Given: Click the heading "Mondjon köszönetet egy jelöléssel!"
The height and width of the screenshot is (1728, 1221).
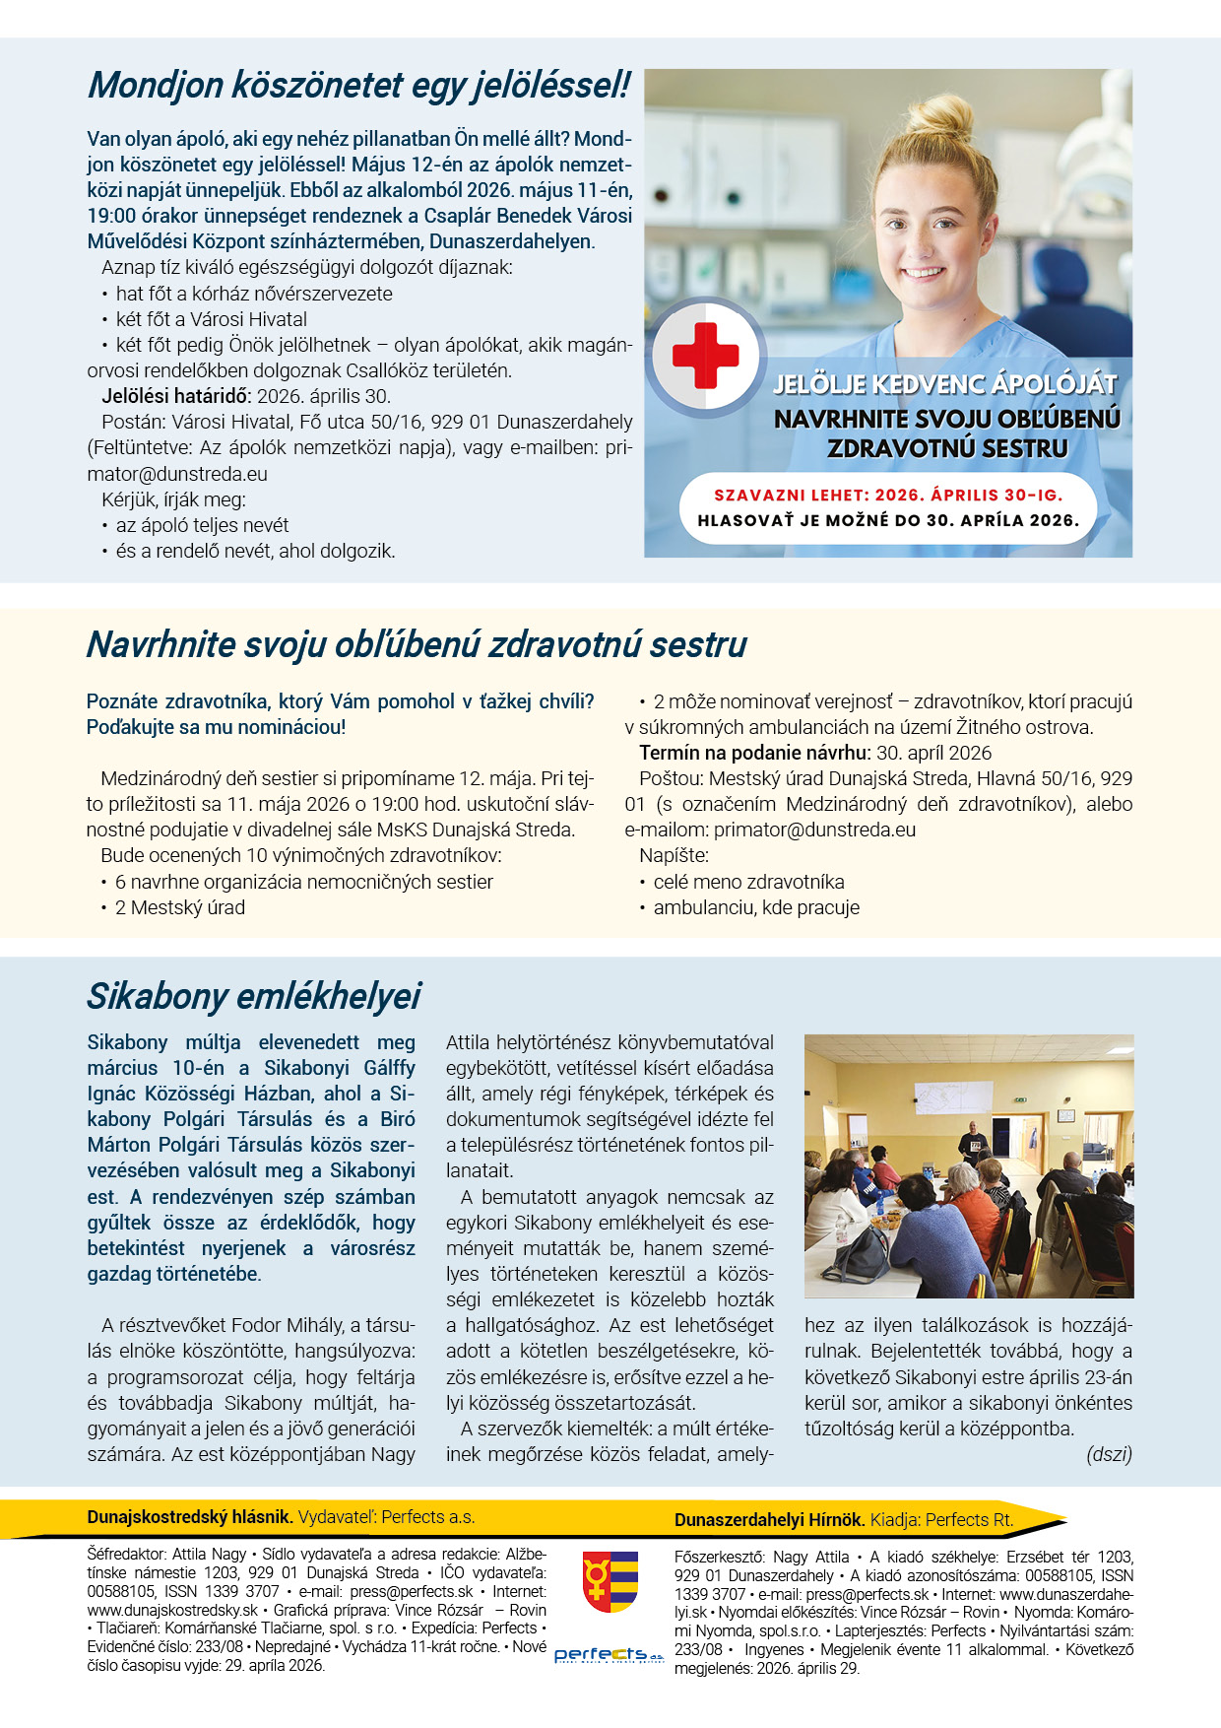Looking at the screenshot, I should click(358, 86).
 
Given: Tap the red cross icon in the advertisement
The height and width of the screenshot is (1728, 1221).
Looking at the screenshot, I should click(705, 355).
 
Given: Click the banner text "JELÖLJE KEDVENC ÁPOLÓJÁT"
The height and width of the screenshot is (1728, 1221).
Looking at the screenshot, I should click(945, 385).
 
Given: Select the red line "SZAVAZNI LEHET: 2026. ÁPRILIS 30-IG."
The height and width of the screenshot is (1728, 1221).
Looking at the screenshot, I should click(888, 495).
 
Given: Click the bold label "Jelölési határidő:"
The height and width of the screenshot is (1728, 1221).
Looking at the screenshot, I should click(177, 396).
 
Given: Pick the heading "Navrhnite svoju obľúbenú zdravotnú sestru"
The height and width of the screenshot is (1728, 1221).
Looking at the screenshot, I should click(417, 644).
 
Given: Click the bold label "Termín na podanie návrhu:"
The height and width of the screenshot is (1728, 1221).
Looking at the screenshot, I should click(754, 753).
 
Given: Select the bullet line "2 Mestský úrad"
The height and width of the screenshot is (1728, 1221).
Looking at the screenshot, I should click(179, 907).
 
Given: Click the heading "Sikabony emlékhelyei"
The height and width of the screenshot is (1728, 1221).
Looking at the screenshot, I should click(254, 996).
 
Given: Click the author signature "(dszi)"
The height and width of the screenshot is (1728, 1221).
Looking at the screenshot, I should click(1109, 1454).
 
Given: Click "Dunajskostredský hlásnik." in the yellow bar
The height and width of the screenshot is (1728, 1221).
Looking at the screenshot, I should click(190, 1517).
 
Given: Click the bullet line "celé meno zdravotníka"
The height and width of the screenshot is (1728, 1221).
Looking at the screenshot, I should click(748, 882).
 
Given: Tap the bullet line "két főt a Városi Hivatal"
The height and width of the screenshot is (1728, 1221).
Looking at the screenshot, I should click(211, 319).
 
